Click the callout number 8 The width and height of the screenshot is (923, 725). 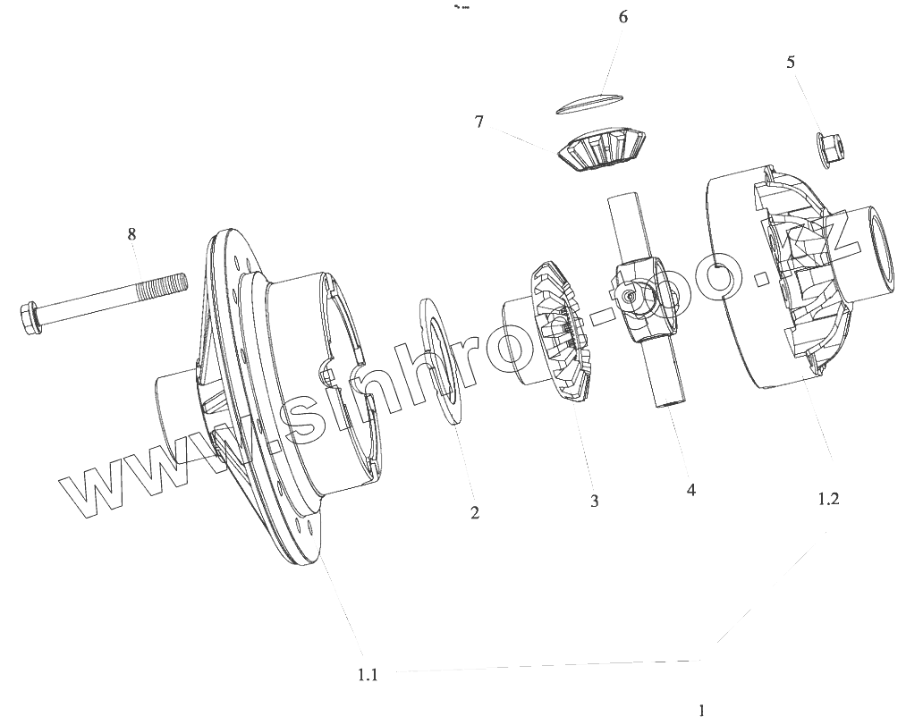click(131, 233)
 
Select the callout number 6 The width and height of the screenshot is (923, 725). click(622, 16)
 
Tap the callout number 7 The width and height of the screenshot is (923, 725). click(478, 122)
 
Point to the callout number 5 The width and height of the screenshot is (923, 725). click(791, 62)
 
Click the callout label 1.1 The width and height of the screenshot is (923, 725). click(368, 674)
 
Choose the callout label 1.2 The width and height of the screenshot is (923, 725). click(828, 499)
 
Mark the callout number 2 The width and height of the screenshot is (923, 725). click(474, 512)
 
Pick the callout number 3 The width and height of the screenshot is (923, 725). click(595, 501)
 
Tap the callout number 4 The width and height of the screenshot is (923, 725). click(691, 490)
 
